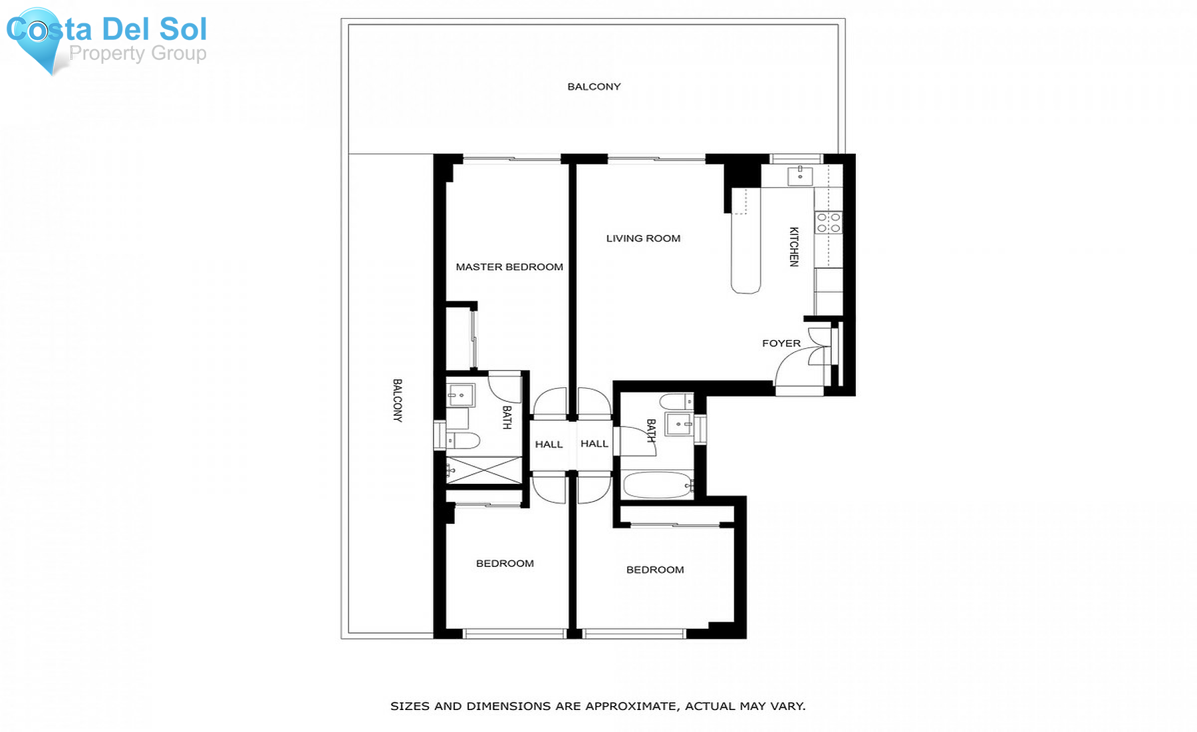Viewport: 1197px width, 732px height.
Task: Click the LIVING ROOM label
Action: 643,238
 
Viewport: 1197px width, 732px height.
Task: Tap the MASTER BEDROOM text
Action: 509,267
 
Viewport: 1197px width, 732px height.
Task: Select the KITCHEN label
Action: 793,246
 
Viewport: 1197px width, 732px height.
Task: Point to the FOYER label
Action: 781,343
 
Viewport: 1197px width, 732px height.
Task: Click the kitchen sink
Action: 800,176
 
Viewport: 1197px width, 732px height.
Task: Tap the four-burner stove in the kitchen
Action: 829,223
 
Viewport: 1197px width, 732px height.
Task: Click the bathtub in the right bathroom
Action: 657,485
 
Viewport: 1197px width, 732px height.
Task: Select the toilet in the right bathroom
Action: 677,401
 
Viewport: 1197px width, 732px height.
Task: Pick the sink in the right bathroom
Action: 679,424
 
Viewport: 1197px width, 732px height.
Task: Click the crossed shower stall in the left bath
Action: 484,470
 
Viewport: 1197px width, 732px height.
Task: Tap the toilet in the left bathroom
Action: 464,440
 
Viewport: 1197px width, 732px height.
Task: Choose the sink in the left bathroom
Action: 460,395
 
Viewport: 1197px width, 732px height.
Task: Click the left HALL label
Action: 549,445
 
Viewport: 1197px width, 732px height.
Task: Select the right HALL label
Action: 595,444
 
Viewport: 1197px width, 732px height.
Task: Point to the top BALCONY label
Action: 594,87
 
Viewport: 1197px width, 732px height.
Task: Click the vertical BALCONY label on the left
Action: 397,401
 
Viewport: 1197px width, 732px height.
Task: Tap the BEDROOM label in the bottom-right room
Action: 655,570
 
